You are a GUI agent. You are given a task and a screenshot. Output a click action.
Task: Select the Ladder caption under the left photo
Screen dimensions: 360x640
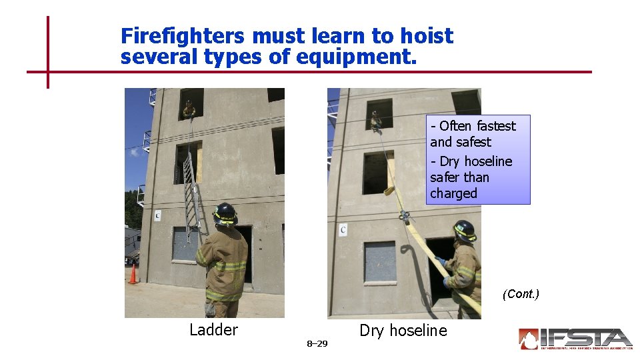click(213, 330)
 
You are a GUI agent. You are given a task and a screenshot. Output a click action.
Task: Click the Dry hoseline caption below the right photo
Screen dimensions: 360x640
click(403, 331)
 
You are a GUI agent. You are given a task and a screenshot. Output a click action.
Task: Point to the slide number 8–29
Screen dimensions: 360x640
click(317, 344)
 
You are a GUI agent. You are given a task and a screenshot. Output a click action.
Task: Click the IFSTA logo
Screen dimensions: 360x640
click(575, 339)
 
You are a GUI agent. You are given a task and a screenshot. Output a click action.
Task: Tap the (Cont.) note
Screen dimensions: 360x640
click(521, 294)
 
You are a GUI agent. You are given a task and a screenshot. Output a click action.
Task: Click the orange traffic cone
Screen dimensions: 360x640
click(133, 274)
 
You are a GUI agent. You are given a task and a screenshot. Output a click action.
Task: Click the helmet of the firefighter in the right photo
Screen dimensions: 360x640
click(464, 231)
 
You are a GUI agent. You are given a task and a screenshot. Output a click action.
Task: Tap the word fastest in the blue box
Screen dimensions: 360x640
click(495, 126)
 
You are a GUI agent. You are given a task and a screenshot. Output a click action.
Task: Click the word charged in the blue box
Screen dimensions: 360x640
click(454, 193)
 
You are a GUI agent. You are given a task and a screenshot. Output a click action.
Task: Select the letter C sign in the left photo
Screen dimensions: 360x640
click(157, 215)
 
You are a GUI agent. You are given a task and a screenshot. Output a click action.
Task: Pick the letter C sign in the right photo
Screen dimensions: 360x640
click(343, 230)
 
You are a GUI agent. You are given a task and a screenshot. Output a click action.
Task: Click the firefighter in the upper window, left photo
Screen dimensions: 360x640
click(189, 109)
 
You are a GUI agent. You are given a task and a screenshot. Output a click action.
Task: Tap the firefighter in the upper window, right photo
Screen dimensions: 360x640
click(376, 121)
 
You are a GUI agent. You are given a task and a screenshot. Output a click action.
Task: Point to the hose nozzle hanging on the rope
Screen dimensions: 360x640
click(404, 217)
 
